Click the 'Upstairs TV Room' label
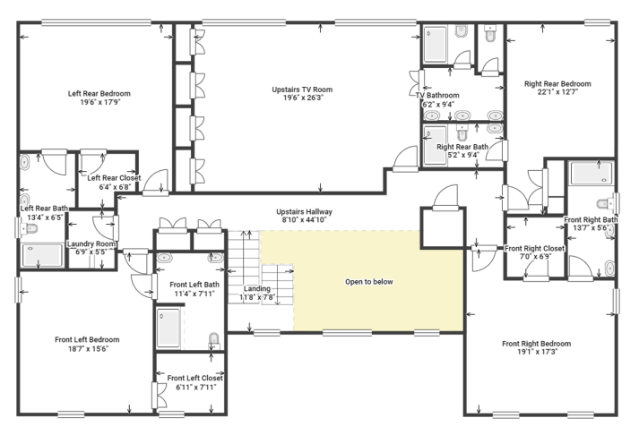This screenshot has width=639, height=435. [x=302, y=90]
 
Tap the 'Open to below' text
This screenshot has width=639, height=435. [x=369, y=282]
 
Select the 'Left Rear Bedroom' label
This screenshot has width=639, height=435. [x=99, y=94]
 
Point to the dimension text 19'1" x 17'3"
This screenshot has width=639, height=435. [x=537, y=352]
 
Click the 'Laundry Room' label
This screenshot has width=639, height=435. [x=91, y=243]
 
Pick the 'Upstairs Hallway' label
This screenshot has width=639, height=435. [x=304, y=211]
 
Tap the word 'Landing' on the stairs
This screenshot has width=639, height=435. [x=256, y=288]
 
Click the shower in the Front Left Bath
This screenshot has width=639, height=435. [x=168, y=328]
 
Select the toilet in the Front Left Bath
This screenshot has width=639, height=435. [x=214, y=341]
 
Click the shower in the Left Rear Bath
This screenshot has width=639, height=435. [x=42, y=255]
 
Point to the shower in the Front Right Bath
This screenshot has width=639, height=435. [x=591, y=173]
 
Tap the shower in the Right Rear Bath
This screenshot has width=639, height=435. [x=435, y=146]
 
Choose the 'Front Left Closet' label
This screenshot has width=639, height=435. [x=194, y=378]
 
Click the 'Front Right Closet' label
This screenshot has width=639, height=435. [x=535, y=248]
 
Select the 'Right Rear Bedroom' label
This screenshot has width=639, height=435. [x=557, y=84]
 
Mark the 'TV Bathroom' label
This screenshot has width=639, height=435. [x=437, y=95]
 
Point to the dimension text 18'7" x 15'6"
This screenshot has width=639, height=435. [x=88, y=348]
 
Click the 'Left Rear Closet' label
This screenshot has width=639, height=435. [x=114, y=178]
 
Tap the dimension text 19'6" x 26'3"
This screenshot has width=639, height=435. [x=303, y=98]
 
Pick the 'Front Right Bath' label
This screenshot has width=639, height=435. [x=591, y=220]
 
